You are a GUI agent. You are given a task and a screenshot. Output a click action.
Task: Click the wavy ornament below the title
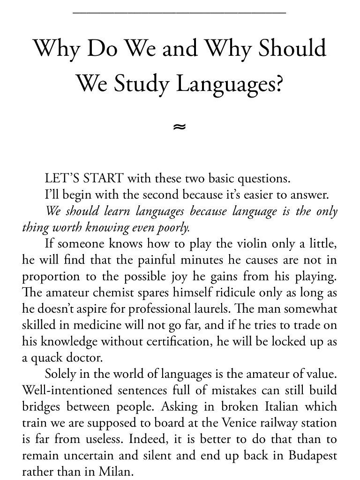180,126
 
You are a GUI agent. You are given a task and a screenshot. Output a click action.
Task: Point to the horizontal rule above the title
180,13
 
